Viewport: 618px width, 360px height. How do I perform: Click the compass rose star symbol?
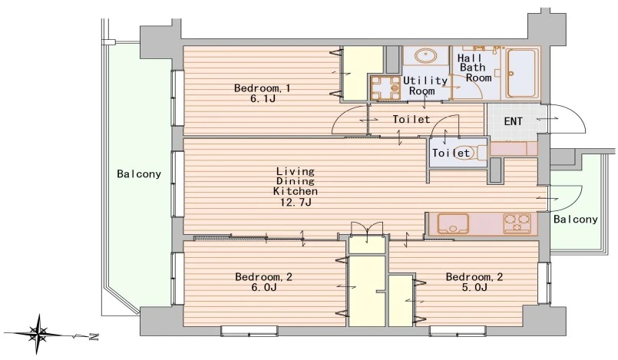click(39, 335)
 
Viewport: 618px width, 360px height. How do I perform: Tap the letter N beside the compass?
click(94, 337)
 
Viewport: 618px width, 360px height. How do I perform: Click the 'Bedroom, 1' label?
click(262, 88)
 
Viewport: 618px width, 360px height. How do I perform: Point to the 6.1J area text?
click(263, 98)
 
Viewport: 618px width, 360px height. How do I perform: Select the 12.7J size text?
click(296, 203)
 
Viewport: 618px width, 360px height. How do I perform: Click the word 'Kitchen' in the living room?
click(296, 191)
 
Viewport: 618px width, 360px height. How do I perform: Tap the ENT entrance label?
click(513, 121)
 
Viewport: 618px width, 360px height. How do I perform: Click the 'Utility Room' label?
click(425, 86)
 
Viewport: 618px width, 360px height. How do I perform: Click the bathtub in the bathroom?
click(523, 73)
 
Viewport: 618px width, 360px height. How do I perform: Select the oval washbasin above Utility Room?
click(425, 56)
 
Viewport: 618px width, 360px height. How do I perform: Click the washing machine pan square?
click(385, 88)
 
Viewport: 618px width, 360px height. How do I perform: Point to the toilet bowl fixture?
click(481, 153)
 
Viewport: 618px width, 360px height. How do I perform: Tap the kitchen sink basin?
click(453, 223)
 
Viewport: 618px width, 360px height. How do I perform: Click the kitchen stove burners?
click(517, 223)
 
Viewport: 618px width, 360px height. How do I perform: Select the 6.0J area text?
click(263, 287)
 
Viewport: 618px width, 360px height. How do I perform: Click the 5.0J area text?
click(474, 287)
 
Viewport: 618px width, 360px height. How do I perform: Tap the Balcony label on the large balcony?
click(139, 173)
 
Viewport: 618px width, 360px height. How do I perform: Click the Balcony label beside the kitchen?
click(576, 219)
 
